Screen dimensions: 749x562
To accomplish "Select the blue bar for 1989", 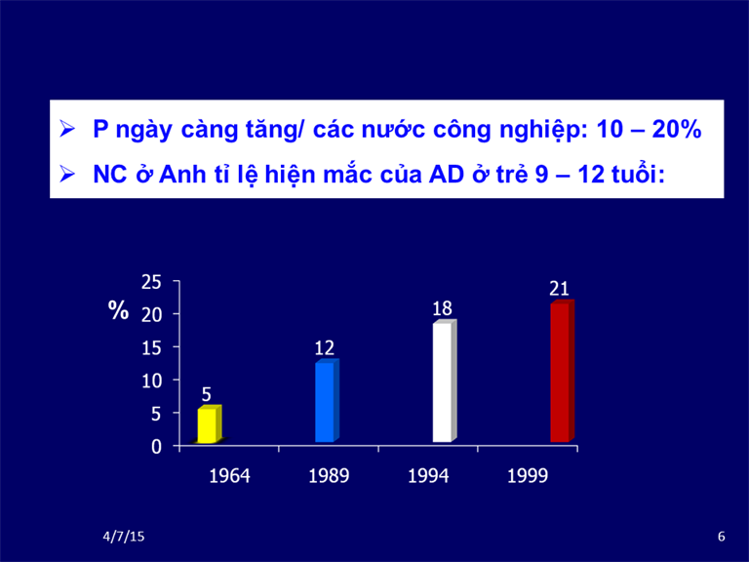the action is coord(328,400).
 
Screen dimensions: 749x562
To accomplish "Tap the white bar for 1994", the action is coord(445,381).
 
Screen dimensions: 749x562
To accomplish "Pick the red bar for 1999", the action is coord(562,372).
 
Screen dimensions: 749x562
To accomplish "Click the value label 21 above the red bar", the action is coord(559,289).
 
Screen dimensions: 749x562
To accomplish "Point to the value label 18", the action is coord(442,308).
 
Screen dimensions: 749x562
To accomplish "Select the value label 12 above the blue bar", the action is coord(325,348).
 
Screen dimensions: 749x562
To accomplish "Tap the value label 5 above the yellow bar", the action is coord(207,395).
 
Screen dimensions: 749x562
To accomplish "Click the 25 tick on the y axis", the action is coord(151,282).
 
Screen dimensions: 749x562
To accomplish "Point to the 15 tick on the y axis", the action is coord(151,348).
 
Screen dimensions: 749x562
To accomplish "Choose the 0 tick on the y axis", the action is coord(157,447).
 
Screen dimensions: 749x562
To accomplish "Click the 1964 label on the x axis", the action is coord(230,476).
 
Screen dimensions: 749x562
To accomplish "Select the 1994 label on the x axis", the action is coord(428,476).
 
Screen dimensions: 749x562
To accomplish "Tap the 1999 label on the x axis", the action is coord(528,476).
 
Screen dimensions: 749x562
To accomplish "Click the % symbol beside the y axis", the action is coord(118,310).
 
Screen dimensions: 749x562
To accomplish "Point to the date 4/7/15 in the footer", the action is coord(124,537).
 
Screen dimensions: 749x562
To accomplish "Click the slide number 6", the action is coord(722,537).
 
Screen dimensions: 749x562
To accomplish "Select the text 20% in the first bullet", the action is coord(677,129).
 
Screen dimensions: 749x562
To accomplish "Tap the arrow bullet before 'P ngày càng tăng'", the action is coord(67,129).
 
